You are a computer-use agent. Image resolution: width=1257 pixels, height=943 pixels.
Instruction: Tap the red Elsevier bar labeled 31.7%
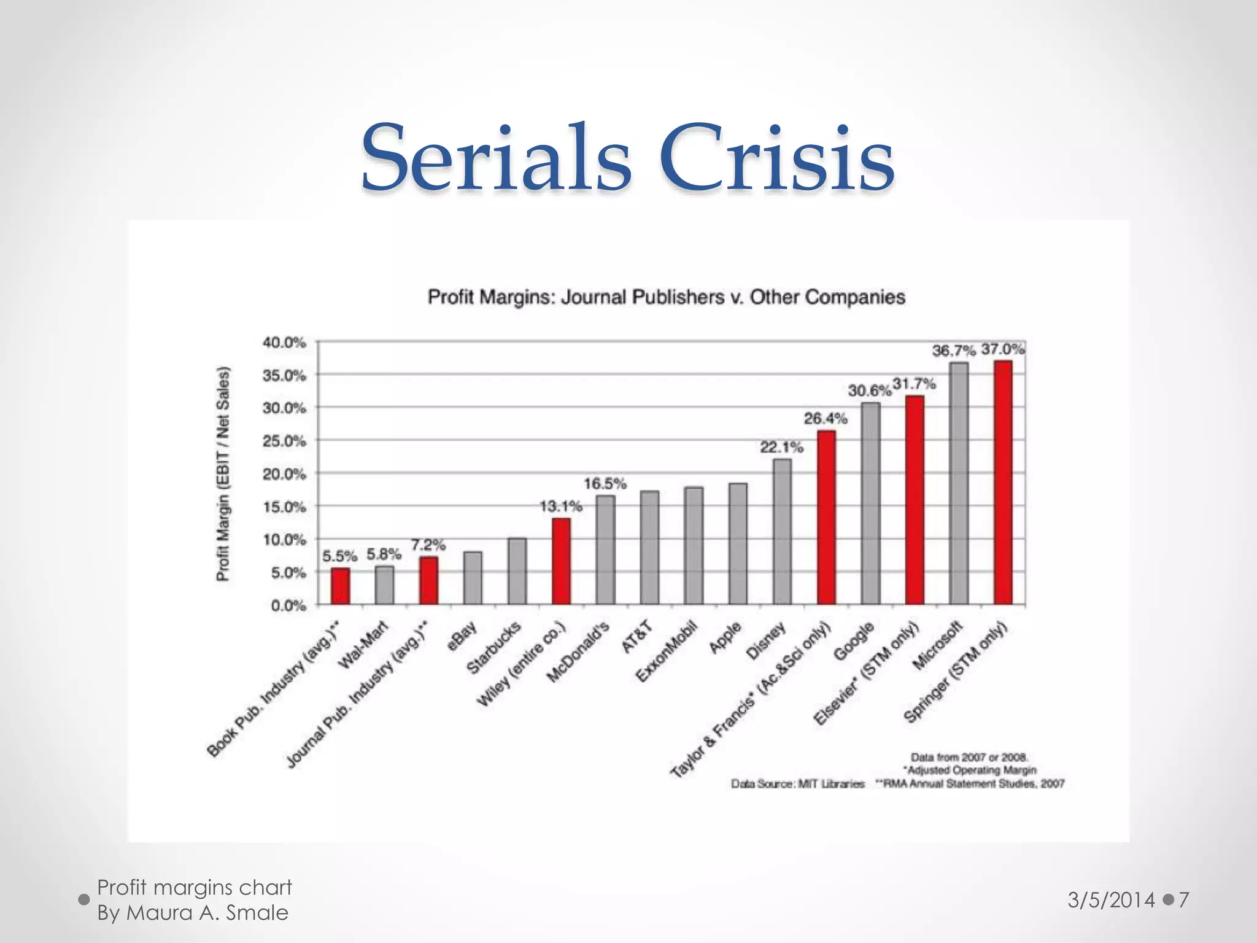[x=915, y=500]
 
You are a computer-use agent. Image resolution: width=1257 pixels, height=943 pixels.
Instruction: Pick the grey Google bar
[x=870, y=503]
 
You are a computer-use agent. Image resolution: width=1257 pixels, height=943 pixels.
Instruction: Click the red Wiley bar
[x=561, y=561]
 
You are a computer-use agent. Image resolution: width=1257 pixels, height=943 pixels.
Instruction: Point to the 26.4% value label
[x=826, y=419]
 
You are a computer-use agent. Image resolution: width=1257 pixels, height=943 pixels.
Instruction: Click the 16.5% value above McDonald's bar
[x=605, y=484]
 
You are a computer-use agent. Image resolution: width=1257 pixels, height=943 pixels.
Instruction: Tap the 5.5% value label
[x=339, y=556]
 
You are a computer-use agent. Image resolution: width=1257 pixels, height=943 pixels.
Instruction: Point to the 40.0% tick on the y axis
[x=284, y=343]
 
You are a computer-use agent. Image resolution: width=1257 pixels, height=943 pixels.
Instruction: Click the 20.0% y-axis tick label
[x=284, y=474]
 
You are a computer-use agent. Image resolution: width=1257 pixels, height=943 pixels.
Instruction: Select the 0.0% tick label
[x=288, y=606]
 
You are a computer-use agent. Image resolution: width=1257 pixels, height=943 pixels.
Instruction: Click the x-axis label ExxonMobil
[x=667, y=652]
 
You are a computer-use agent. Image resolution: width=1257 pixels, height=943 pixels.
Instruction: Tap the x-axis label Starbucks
[x=495, y=648]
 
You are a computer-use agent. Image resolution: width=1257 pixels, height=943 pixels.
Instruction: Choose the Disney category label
[x=765, y=640]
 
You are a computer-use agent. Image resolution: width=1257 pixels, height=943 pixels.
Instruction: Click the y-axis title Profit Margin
[x=223, y=474]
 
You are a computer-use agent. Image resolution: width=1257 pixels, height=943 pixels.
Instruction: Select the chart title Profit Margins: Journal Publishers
[x=666, y=297]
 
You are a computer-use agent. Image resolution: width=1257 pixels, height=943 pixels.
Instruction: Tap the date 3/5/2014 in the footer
[x=1111, y=900]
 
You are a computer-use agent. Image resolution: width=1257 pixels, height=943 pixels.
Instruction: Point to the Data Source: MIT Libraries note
[x=797, y=784]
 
